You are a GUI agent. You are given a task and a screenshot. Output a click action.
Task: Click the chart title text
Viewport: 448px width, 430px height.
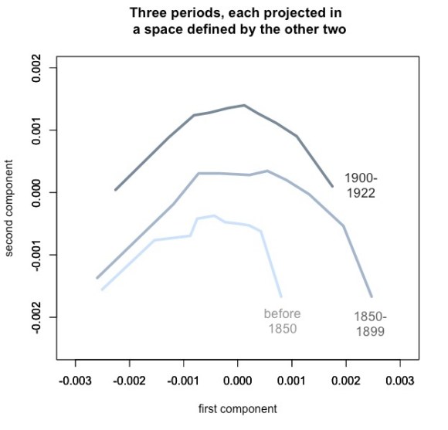tap(237, 22)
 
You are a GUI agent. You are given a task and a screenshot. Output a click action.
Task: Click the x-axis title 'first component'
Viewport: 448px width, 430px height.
tap(237, 408)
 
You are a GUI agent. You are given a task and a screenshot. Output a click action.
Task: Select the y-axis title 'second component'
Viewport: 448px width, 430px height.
tap(11, 208)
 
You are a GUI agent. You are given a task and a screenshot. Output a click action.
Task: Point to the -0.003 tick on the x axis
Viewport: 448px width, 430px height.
tap(74, 381)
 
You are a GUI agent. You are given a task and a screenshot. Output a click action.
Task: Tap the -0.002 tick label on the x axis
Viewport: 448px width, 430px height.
tap(128, 381)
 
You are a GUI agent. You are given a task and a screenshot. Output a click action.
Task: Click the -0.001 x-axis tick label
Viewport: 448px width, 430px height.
tap(182, 381)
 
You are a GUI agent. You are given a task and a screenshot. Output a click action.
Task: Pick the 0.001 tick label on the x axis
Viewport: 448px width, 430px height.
tap(292, 381)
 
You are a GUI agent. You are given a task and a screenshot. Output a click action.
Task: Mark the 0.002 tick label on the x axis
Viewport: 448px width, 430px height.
tap(346, 381)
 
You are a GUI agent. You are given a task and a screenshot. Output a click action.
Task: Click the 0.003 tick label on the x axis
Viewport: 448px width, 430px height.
tap(400, 381)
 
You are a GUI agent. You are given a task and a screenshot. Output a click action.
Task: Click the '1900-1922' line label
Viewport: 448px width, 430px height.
tap(361, 186)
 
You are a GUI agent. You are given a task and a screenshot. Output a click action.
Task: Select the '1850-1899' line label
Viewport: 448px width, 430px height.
tap(370, 323)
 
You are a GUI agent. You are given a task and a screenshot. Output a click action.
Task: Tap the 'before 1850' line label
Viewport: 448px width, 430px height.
tap(282, 321)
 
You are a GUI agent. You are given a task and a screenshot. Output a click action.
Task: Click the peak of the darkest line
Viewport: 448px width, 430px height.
tap(244, 105)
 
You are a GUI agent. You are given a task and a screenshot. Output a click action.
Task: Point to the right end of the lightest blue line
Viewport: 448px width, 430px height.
tap(281, 296)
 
